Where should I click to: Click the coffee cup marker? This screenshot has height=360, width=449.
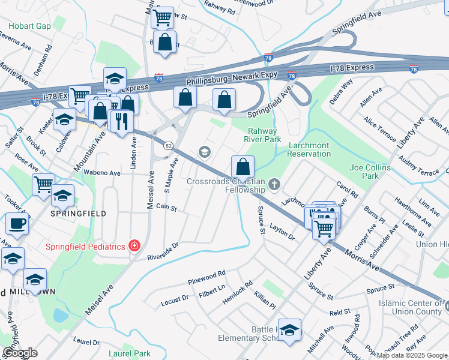pos(15,224)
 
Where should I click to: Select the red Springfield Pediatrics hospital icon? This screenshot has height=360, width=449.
pos(134,246)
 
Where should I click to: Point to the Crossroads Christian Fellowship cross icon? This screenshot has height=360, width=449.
pos(274,184)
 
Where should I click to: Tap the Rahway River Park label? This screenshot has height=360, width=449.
pos(265,135)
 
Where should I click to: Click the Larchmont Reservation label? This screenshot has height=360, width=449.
pos(310,149)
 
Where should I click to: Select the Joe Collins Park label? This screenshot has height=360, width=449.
pos(370,172)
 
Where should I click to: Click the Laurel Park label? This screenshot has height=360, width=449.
pos(130,354)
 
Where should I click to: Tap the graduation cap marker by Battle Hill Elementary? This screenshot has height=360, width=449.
pos(290,331)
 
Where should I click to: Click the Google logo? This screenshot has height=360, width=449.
pos(20,352)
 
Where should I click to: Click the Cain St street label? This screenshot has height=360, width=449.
pos(166,208)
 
